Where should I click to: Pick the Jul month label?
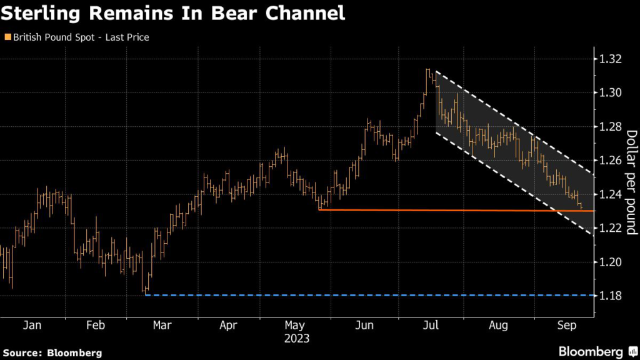(431, 326)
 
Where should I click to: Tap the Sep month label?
(566, 326)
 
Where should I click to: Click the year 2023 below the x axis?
(296, 338)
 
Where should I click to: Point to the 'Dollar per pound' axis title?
(631, 182)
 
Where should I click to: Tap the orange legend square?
(7, 37)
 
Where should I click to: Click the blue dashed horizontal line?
(375, 295)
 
